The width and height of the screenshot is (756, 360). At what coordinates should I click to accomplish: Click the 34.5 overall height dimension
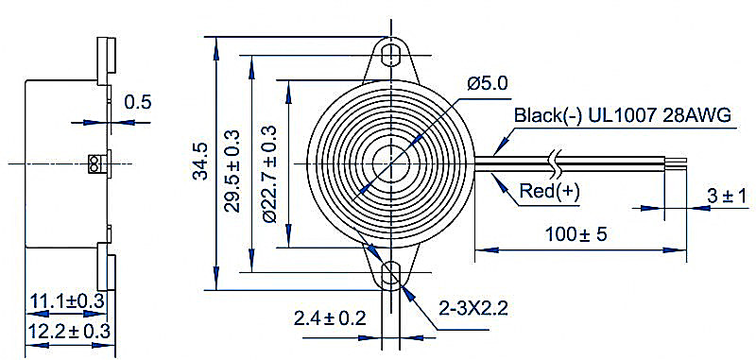point(200,162)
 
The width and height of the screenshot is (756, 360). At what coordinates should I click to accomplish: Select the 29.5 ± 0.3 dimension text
point(232,171)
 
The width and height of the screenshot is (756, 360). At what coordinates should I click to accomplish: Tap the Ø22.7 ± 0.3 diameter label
point(269,174)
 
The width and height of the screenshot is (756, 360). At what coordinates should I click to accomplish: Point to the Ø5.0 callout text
point(487,84)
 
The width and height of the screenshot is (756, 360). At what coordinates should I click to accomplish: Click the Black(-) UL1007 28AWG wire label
point(623,115)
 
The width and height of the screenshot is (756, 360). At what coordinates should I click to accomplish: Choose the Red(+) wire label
point(549,192)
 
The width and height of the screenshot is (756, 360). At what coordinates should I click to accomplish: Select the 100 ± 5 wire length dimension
point(576,234)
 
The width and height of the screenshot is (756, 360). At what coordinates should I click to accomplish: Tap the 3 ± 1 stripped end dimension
point(727,196)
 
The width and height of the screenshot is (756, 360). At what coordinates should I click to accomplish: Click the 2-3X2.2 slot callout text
point(473,307)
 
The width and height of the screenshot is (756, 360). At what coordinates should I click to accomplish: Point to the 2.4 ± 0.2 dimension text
point(330,318)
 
